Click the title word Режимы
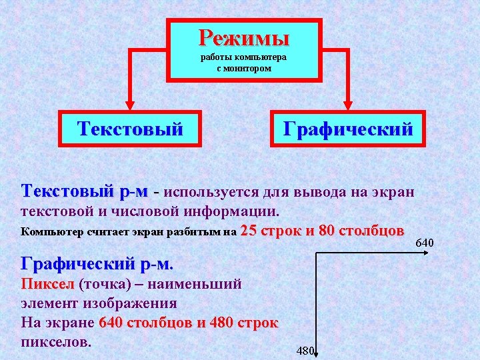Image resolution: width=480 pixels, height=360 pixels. pos(243,36)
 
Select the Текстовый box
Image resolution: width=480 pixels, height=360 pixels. pos(131,128)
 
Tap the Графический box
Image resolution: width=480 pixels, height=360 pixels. pos(347,128)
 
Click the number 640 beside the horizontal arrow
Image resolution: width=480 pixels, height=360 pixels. pos(425,241)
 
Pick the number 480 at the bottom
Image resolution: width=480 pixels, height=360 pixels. pos(304,351)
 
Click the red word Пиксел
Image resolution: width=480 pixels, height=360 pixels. pos(48,285)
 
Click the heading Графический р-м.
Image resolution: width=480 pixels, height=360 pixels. pos(97,263)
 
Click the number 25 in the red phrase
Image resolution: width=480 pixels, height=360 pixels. pos(249,232)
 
